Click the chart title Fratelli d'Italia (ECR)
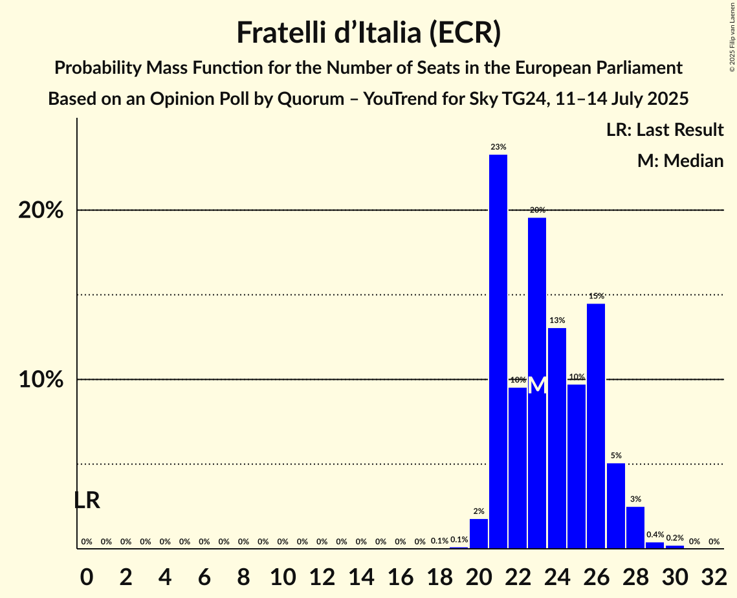[368, 32]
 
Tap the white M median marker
[537, 385]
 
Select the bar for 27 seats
[615, 505]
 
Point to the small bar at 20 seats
[479, 533]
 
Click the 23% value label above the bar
[498, 147]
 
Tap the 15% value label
[596, 296]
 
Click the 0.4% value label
[655, 535]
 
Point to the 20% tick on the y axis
[41, 211]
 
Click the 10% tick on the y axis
[41, 380]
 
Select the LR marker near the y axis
[87, 500]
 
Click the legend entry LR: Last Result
[665, 130]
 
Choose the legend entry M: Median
[680, 161]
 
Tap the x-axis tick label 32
[714, 574]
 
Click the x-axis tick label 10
[283, 574]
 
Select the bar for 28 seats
[635, 527]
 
